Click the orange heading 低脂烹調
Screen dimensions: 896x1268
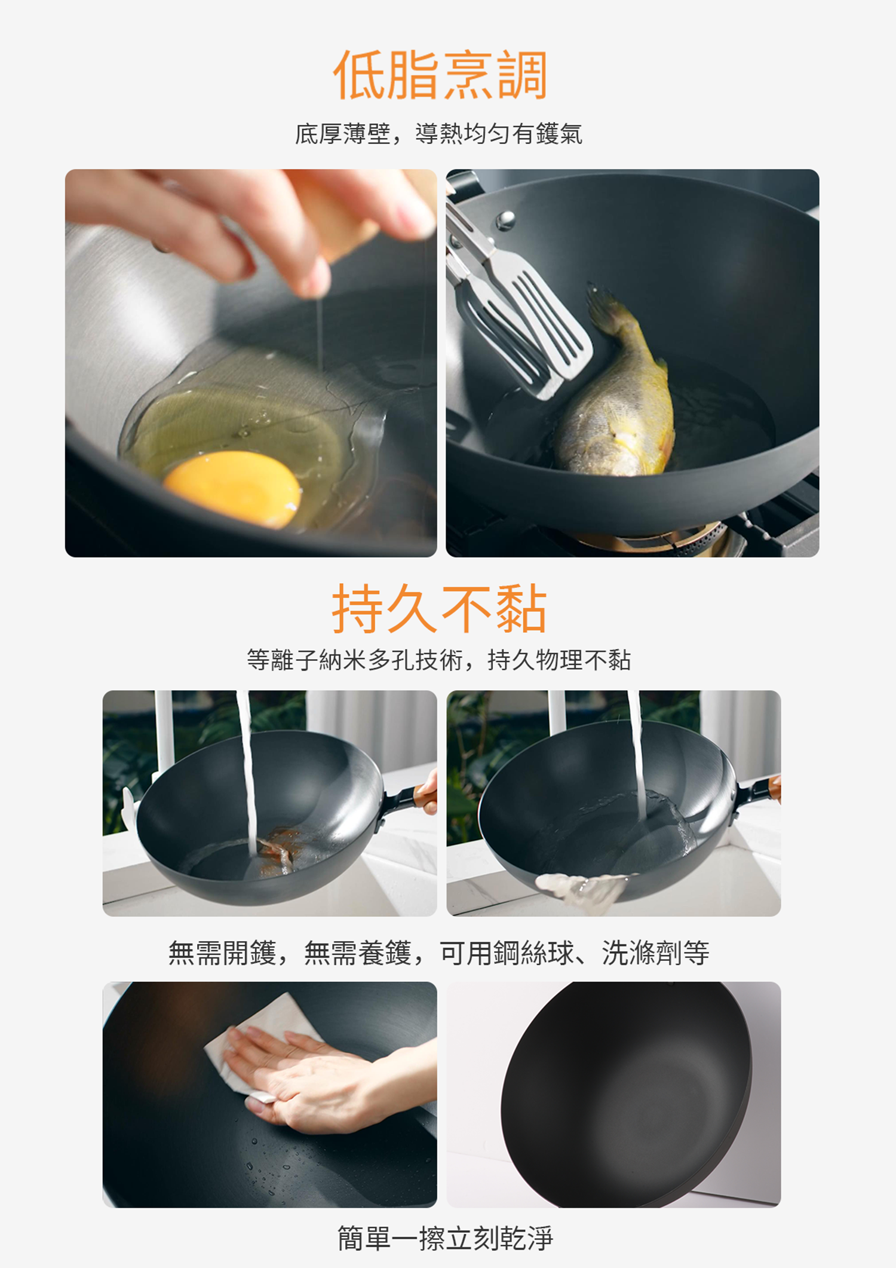tap(440, 75)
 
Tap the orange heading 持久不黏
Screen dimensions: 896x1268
tap(440, 608)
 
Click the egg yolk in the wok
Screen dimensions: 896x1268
tap(232, 488)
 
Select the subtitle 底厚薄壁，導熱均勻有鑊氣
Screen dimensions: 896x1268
tap(438, 134)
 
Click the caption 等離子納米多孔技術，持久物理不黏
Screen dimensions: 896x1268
tap(439, 660)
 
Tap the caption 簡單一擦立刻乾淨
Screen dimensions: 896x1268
tap(446, 1238)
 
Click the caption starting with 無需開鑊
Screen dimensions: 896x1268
tap(439, 952)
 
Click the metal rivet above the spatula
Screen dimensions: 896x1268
tap(505, 220)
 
